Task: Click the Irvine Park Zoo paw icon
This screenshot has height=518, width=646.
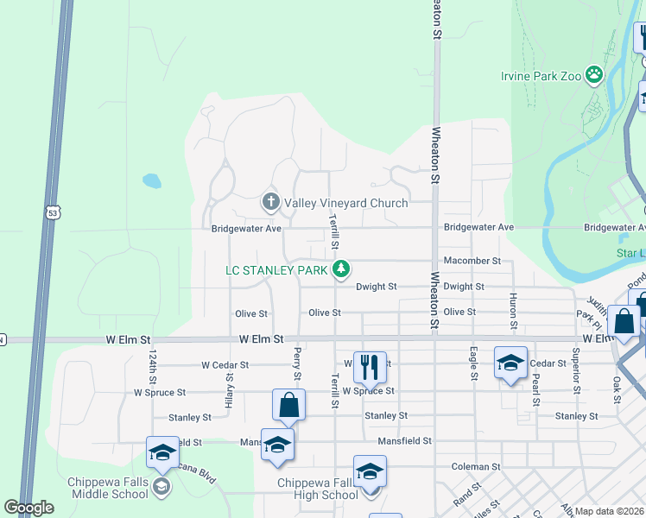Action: click(x=594, y=75)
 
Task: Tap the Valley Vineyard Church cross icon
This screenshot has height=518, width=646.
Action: click(x=270, y=203)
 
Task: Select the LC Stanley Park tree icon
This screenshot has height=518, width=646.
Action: click(x=342, y=270)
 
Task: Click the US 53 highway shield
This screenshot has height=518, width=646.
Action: click(x=54, y=212)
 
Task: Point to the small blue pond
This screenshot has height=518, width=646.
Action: click(x=152, y=181)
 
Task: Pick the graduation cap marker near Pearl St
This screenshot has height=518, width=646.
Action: click(x=510, y=363)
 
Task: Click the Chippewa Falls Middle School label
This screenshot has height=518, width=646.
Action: click(x=109, y=488)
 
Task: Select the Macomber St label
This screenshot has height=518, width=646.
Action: click(x=472, y=261)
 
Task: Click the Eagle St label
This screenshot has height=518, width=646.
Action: click(x=473, y=363)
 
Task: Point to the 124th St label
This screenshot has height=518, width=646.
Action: click(x=152, y=368)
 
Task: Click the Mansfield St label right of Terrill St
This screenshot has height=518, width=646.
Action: click(x=404, y=441)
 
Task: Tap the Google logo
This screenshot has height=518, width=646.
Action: click(x=29, y=508)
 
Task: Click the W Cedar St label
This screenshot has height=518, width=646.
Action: click(x=225, y=365)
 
